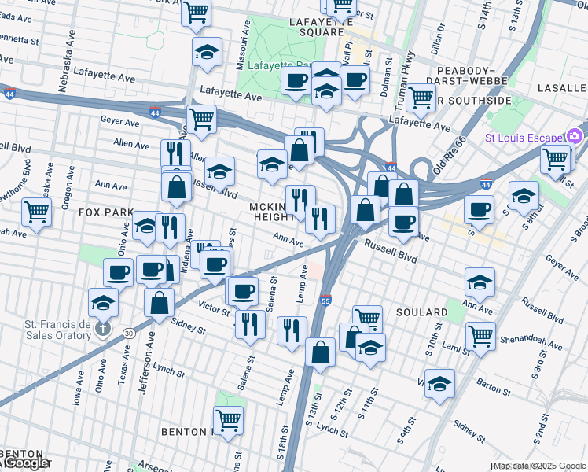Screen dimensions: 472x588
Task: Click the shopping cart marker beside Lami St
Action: tap(480, 334)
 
